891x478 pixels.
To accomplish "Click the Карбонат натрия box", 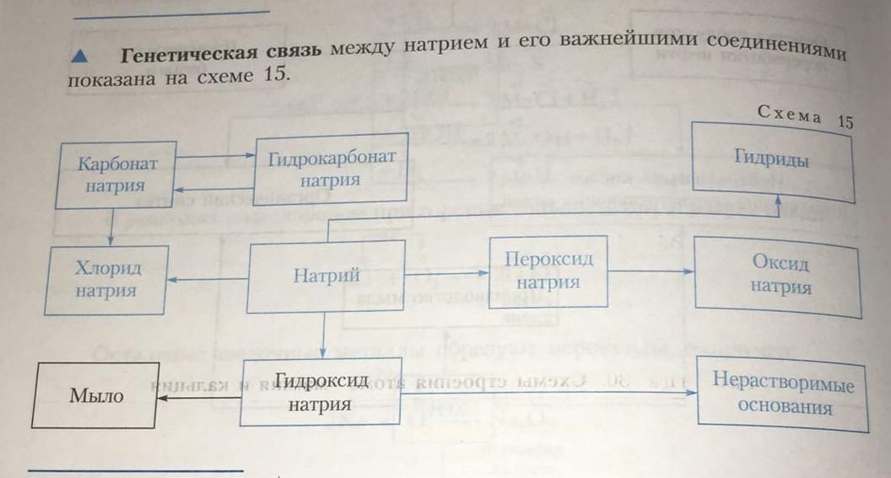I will point(115,174).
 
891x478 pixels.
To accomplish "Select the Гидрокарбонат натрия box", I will point(331,169).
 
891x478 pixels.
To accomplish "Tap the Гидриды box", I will point(772,160).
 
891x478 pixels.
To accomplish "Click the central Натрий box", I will point(326,276).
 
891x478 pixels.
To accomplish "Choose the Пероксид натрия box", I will point(548,271).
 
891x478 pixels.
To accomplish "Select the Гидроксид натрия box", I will point(319,392).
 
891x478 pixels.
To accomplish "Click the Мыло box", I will point(95,395).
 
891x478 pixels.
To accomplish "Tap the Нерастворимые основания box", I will point(782,395).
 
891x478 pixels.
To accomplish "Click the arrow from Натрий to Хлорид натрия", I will point(207,281).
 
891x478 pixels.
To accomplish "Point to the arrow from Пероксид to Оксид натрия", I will point(651,271).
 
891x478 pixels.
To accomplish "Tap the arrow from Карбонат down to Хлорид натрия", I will point(111,228).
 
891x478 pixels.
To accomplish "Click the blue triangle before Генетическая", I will point(81,56).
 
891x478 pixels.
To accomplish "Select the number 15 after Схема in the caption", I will point(845,121).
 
